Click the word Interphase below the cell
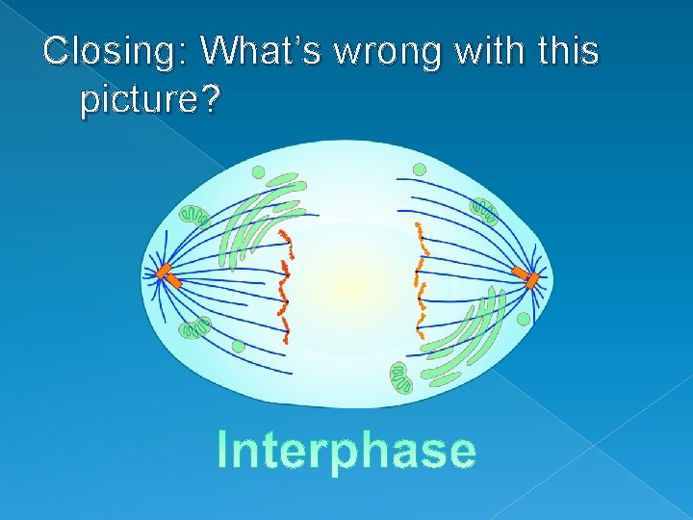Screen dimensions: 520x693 [x=346, y=450]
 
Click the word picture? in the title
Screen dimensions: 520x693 [x=150, y=99]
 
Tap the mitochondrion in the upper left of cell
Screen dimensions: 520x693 [x=196, y=215]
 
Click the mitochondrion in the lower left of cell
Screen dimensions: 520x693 [x=196, y=329]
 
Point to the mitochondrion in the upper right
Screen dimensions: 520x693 [x=483, y=211]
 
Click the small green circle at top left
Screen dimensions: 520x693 [x=258, y=172]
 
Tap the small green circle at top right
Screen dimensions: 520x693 [x=419, y=170]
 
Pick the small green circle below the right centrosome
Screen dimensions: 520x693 [x=523, y=319]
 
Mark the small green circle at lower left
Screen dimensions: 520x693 [x=238, y=346]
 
